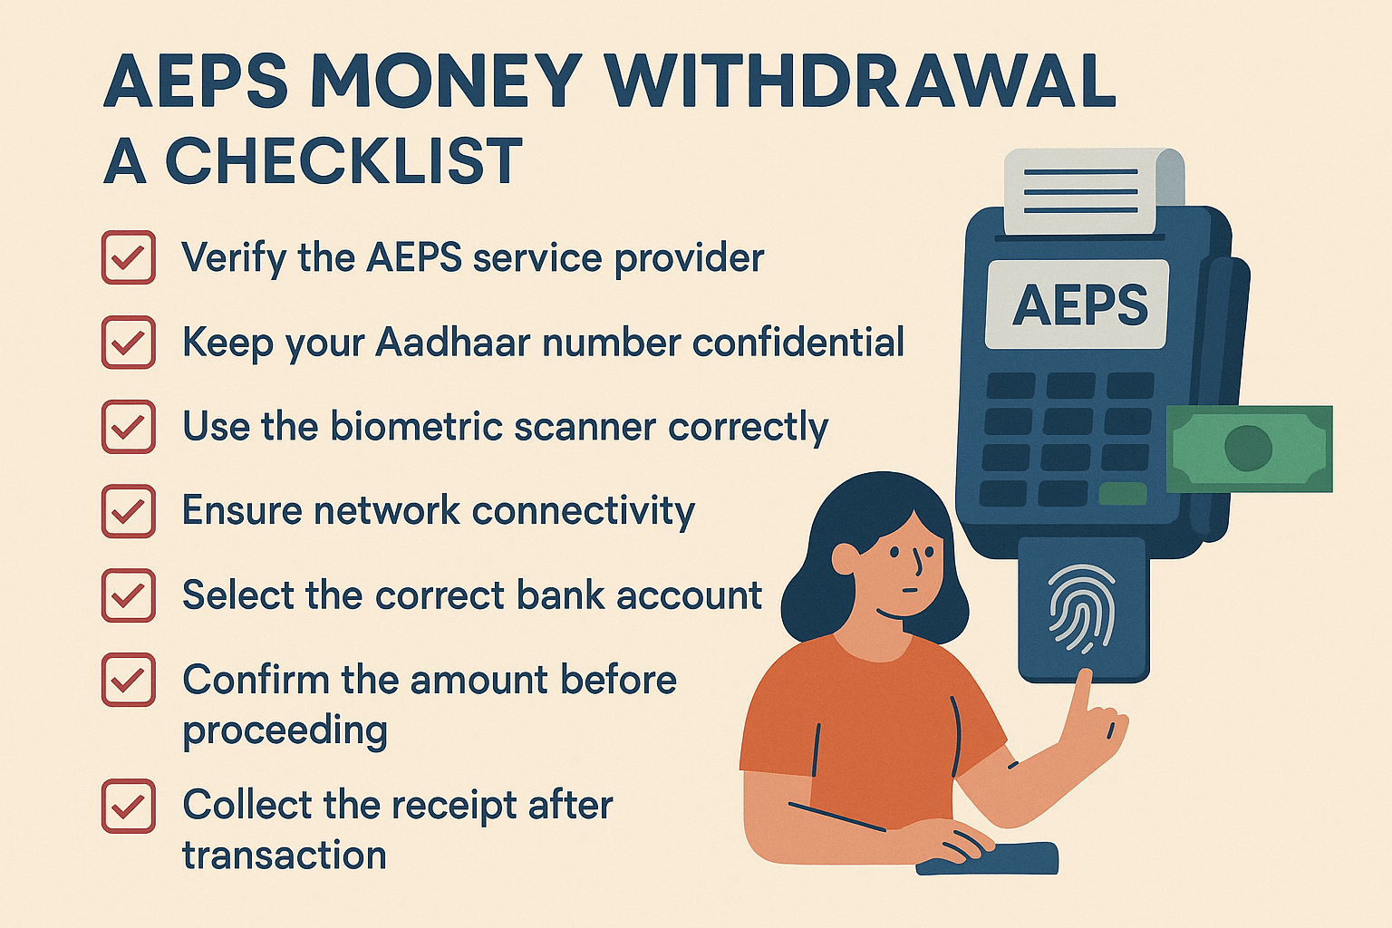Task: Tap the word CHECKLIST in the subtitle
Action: [x=343, y=162]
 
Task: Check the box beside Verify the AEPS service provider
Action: [x=128, y=257]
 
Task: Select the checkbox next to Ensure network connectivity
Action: [x=128, y=511]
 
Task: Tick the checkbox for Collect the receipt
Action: [x=128, y=806]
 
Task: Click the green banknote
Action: [x=1250, y=449]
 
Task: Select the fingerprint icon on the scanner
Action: [x=1081, y=608]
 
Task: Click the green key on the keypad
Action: [x=1122, y=494]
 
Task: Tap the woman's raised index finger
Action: [x=1079, y=692]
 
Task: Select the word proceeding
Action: [x=285, y=730]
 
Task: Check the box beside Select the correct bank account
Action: [x=128, y=595]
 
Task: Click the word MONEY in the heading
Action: [x=446, y=82]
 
